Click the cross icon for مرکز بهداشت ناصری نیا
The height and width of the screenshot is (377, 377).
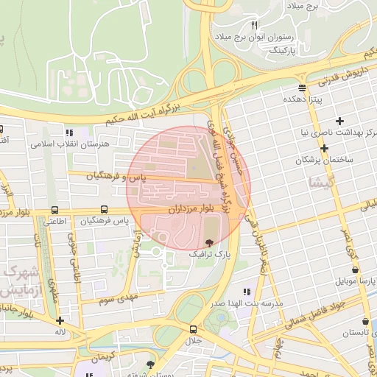[339, 121]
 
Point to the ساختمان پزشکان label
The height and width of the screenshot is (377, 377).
[325, 159]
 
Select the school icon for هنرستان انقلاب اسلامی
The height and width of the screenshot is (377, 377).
[70, 133]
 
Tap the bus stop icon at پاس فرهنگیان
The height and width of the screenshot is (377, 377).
[105, 209]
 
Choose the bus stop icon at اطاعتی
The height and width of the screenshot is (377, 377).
[56, 210]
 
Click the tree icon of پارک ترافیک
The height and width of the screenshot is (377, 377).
[209, 242]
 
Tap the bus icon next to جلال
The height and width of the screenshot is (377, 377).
[193, 329]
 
